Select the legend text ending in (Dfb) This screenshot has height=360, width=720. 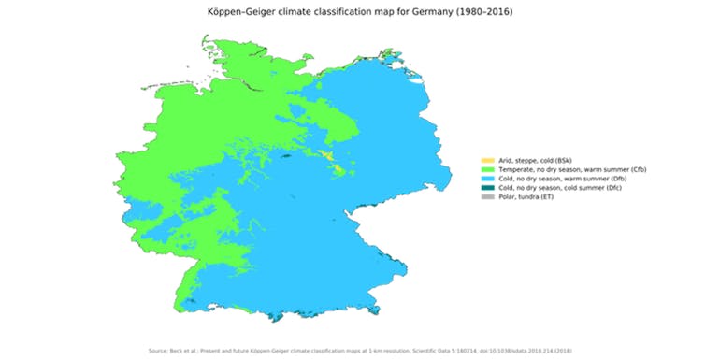coord(556,179)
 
